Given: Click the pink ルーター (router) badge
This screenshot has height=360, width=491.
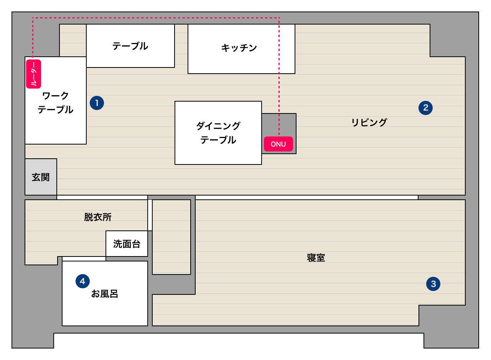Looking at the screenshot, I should point(33,74).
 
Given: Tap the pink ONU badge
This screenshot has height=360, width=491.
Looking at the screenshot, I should point(278,144).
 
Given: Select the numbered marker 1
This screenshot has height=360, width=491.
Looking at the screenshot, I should point(97,103).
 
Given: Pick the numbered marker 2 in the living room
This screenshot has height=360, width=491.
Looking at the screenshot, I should point(425,108).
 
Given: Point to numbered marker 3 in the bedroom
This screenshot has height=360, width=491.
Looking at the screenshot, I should point(433,284).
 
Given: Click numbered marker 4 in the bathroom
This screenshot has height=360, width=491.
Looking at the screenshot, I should point(82,281).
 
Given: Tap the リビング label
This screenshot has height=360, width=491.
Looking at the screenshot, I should point(369,123).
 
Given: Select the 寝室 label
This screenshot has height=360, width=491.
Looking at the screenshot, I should point(316,258).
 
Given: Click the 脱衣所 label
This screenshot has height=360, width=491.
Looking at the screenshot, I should point(98,217).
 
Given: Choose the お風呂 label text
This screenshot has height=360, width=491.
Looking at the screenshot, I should point(104,294).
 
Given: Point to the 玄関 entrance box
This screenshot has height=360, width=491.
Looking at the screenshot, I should point(41,177).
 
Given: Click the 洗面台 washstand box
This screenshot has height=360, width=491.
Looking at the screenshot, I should point(127,244).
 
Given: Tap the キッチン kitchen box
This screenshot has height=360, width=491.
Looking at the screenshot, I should point(239,48).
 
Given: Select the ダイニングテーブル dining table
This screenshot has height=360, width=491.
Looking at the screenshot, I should point(218,133).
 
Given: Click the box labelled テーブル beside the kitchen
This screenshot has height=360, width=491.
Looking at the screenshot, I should point(130,46).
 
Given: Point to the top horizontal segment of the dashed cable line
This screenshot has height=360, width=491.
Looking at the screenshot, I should point(153,18).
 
